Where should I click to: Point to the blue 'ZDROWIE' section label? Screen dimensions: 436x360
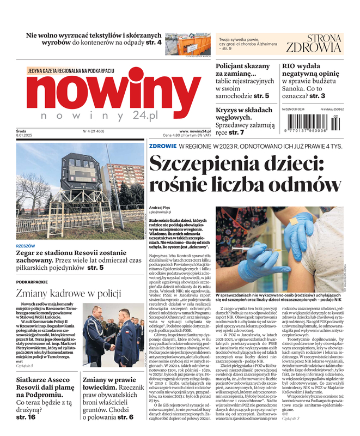coord(163,146)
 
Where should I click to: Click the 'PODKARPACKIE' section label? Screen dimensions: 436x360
coord(32,281)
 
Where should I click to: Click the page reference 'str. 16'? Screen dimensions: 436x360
coord(26,416)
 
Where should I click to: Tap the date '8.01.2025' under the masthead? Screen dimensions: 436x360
coord(26,136)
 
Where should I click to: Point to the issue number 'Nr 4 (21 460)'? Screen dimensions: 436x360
coord(94,131)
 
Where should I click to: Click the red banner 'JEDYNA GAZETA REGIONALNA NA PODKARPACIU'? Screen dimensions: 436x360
coord(70,70)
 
